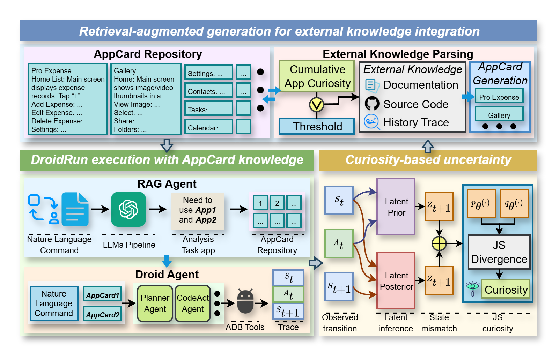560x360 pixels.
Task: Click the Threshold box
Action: (x=317, y=126)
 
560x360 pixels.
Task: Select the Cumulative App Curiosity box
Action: (x=317, y=76)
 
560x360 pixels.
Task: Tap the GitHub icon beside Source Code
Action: (x=372, y=104)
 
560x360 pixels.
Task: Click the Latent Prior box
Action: (x=396, y=207)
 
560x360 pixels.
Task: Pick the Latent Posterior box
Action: (x=396, y=281)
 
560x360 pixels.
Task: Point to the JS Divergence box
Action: (x=499, y=252)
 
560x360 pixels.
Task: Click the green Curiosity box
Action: (x=506, y=289)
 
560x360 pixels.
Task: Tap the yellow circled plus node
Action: (x=439, y=243)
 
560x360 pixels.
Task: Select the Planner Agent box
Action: (x=155, y=303)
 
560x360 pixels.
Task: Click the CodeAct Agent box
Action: (x=193, y=303)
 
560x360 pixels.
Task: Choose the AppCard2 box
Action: (x=103, y=314)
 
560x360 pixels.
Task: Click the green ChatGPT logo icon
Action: (x=128, y=209)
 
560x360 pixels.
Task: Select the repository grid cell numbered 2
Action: (x=277, y=203)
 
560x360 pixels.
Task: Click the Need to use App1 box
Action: (x=198, y=210)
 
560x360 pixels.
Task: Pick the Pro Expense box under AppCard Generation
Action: (x=499, y=97)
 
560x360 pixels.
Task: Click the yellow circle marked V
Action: (x=317, y=105)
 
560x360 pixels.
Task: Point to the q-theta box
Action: (x=514, y=203)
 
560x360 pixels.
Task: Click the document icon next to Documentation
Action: (x=370, y=85)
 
